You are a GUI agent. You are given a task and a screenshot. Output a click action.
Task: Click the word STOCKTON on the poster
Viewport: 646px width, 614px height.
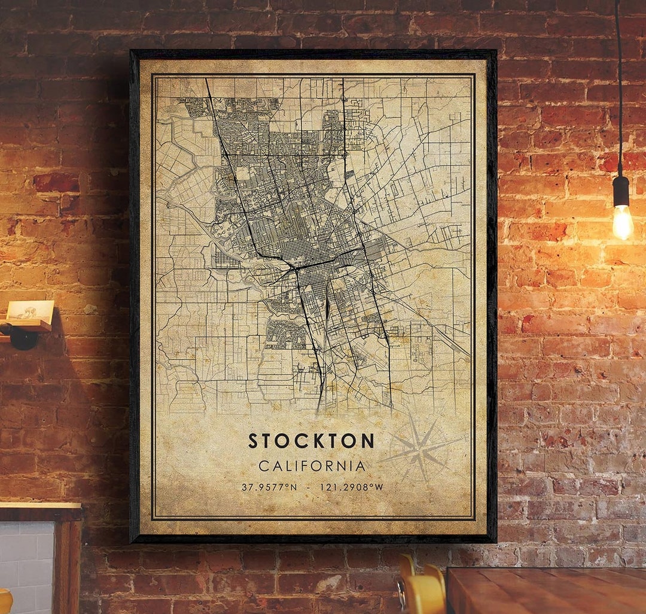[311, 441]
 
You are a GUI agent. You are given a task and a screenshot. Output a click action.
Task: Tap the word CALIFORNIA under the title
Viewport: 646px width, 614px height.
[312, 465]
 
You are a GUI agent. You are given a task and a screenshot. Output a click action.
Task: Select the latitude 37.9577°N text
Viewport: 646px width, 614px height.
[269, 487]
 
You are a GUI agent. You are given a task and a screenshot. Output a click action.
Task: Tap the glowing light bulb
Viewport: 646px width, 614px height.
[622, 221]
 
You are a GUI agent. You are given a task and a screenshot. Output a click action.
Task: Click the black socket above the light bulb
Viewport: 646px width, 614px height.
[621, 190]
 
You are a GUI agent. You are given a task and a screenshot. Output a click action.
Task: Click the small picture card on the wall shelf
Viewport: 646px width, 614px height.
[30, 310]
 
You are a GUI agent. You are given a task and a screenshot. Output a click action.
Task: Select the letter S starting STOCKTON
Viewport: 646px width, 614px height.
[253, 441]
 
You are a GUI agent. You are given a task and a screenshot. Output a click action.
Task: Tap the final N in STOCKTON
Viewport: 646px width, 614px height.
[368, 441]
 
